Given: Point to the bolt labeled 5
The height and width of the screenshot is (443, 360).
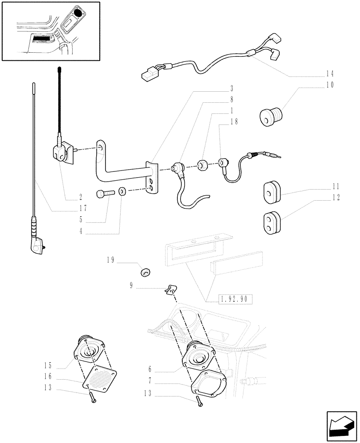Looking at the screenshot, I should [105, 193].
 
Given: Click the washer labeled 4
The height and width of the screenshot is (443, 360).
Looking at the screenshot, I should [122, 193].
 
